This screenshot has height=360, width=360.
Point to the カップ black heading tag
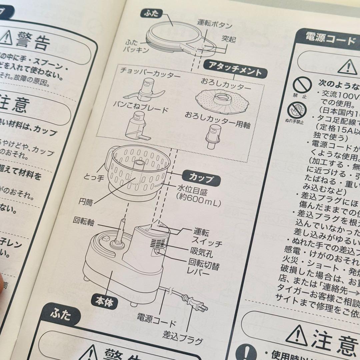[x=201, y=178]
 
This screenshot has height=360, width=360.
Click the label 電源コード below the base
[x=156, y=323]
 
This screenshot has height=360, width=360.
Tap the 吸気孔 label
[x=201, y=251]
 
